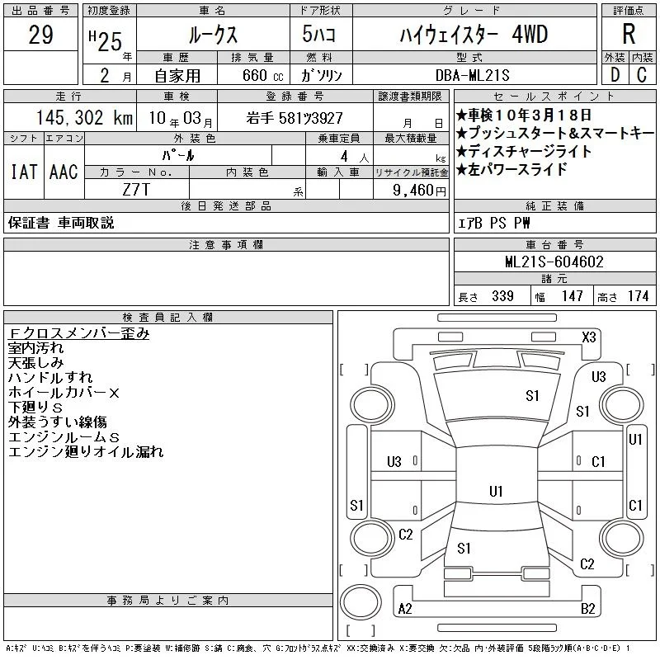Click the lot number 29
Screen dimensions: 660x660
click(40, 35)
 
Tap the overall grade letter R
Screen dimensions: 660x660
click(629, 34)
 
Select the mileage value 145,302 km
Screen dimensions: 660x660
click(84, 117)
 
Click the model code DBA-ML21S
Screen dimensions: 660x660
click(472, 75)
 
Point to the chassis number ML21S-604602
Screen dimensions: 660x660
click(554, 262)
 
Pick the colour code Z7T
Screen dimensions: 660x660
click(136, 190)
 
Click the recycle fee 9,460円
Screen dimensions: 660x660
click(419, 191)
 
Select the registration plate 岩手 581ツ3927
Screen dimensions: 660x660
click(295, 118)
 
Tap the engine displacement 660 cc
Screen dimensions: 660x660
click(262, 76)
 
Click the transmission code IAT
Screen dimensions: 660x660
click(24, 172)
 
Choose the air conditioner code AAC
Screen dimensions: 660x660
click(64, 172)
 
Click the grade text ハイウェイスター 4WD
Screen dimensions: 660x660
click(474, 35)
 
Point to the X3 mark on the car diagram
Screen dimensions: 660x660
click(589, 337)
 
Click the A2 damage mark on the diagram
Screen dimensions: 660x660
click(405, 609)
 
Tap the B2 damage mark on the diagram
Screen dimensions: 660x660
click(588, 609)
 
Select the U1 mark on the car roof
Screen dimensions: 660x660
click(496, 491)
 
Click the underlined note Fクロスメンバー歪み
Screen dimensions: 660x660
click(78, 333)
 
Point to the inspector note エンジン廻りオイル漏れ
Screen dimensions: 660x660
click(86, 451)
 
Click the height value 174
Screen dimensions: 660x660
click(638, 296)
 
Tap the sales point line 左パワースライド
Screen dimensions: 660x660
click(511, 169)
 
